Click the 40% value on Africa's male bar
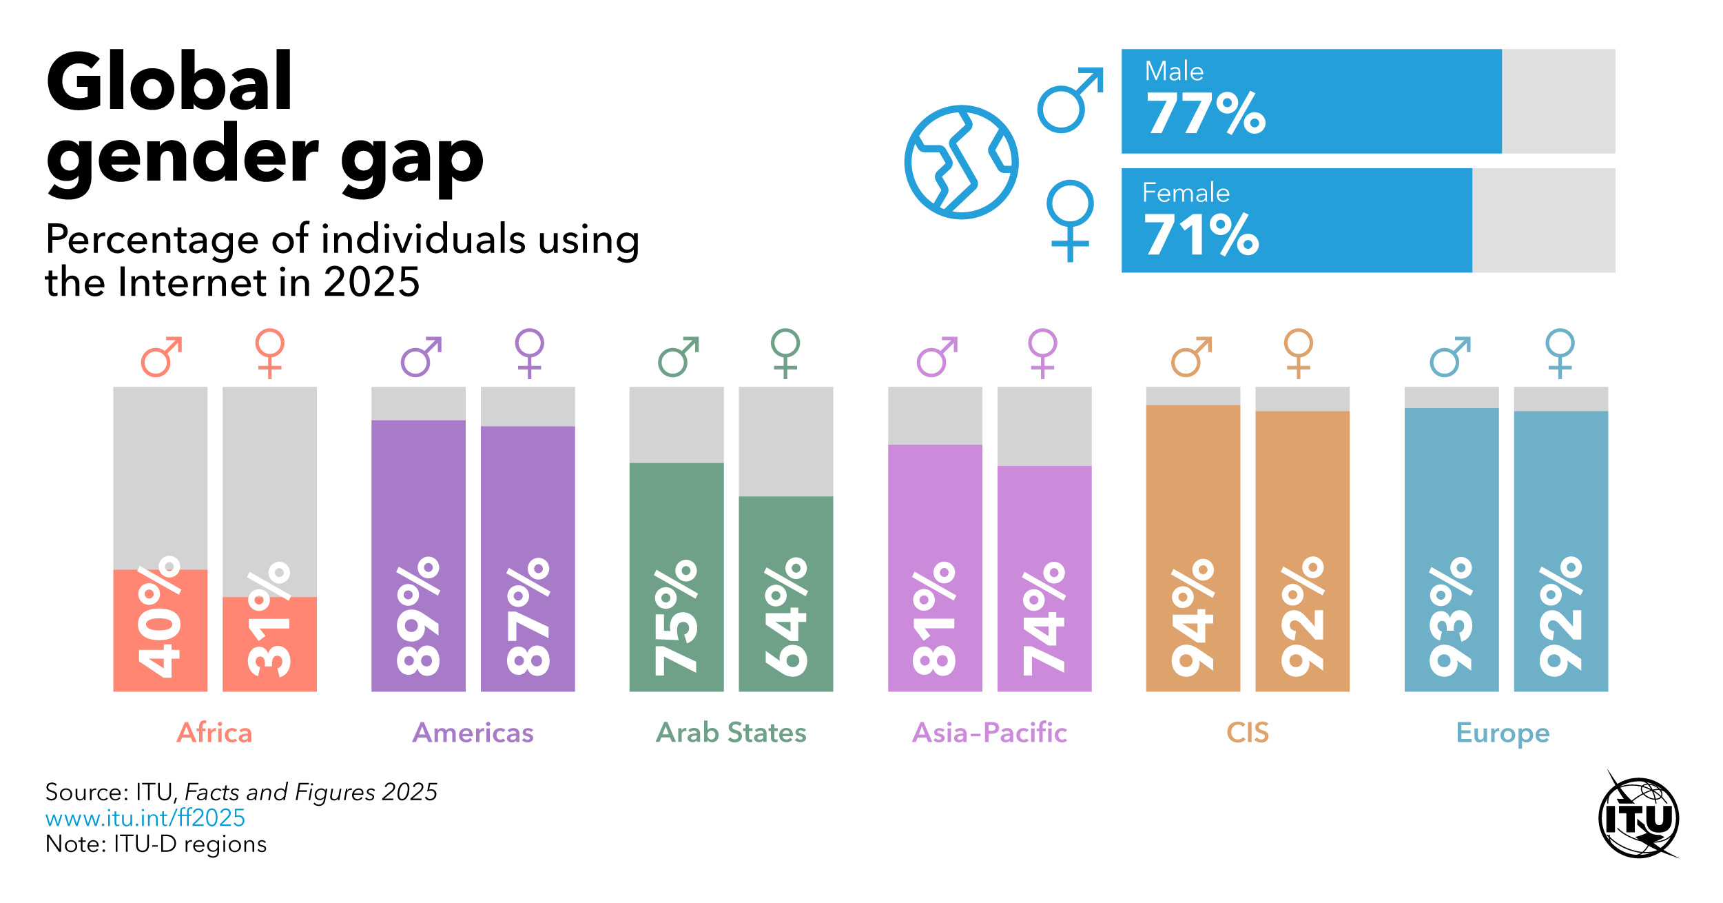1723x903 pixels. (159, 616)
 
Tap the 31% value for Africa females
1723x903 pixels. (269, 619)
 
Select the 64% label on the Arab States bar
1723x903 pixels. (785, 616)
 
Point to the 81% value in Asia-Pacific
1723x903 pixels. (934, 618)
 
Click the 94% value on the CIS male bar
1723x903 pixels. (1193, 616)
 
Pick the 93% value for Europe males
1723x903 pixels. (1451, 616)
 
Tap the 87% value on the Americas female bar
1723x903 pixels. (528, 616)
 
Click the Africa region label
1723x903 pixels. (214, 733)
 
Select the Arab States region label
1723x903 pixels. (731, 733)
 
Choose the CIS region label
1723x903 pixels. (1248, 733)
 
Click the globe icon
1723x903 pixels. (961, 162)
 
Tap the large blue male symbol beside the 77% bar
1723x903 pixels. (1069, 101)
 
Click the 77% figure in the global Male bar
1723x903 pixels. (1206, 114)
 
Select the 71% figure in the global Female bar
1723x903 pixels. (1201, 235)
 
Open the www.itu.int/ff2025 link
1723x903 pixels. (145, 818)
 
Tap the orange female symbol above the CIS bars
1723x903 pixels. (1298, 353)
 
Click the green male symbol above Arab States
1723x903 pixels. (678, 357)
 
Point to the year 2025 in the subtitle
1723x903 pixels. (371, 282)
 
